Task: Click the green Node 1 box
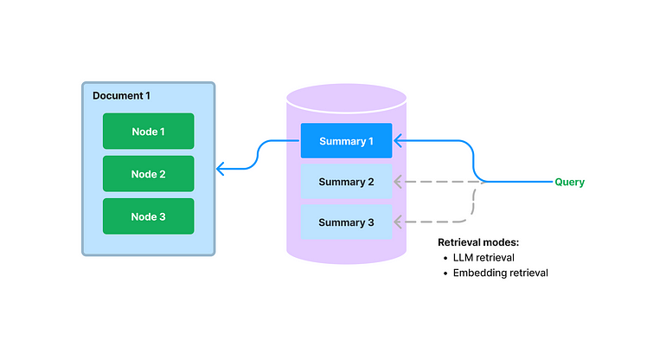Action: tap(148, 132)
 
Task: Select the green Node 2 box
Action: tap(148, 174)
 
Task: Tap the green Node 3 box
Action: tap(148, 216)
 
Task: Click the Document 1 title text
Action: tap(123, 93)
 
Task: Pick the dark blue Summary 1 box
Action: tap(346, 141)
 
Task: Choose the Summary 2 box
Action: tap(346, 182)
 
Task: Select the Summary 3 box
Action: tap(346, 222)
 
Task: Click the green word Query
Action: tap(569, 182)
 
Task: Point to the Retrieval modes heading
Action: tap(478, 242)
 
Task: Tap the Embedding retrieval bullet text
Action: tap(501, 273)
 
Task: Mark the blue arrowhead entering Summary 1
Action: tap(398, 139)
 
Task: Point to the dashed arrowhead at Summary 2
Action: tap(398, 182)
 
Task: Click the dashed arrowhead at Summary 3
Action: tap(398, 222)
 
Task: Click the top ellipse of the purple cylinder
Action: tap(346, 95)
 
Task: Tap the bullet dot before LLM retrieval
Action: tap(445, 258)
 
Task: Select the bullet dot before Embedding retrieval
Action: tap(445, 273)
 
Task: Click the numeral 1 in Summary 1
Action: tap(370, 141)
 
